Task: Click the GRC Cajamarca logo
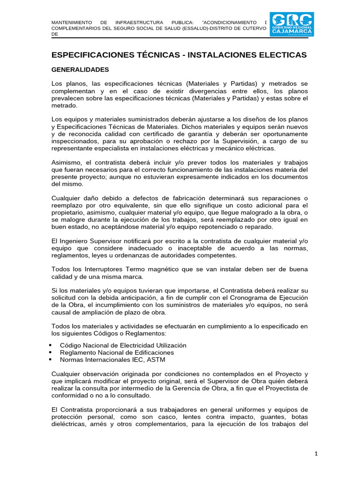pos(292,24)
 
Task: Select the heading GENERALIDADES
pos(80,70)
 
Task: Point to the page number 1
pos(316,453)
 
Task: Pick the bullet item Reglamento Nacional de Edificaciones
pos(117,352)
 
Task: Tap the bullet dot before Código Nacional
pos(50,345)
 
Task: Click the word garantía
pos(192,134)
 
